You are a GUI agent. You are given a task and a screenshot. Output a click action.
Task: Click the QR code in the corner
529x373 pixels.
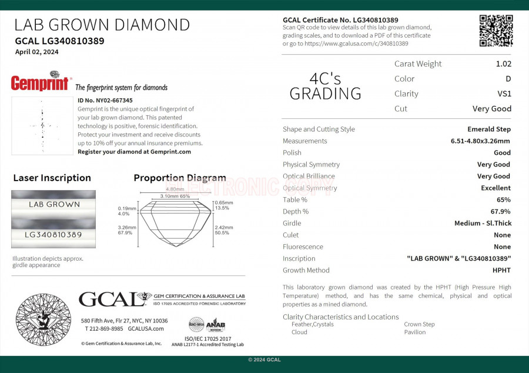pyautogui.click(x=495, y=31)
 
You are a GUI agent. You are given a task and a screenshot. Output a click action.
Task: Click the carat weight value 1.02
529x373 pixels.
pyautogui.click(x=503, y=64)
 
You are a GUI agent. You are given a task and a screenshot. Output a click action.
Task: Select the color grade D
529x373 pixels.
pyautogui.click(x=508, y=79)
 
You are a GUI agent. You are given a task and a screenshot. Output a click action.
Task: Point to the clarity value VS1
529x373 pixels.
pyautogui.click(x=504, y=94)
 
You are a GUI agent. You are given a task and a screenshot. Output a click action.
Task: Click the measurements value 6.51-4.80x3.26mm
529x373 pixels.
pyautogui.click(x=480, y=141)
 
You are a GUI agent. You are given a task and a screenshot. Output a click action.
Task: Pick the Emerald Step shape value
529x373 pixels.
pyautogui.click(x=489, y=129)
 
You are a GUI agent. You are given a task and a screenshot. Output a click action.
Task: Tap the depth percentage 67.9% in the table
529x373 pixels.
pyautogui.click(x=501, y=212)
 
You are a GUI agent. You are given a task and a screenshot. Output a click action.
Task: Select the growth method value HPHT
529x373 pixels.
pyautogui.click(x=501, y=271)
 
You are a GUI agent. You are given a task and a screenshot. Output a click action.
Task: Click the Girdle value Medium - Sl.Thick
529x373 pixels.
pyautogui.click(x=483, y=224)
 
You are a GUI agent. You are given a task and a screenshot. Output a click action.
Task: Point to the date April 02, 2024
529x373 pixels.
pyautogui.click(x=37, y=52)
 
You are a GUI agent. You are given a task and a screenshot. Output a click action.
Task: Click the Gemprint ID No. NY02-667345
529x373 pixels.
pyautogui.click(x=105, y=101)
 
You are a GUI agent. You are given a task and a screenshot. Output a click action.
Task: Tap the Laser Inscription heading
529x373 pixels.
pyautogui.click(x=52, y=178)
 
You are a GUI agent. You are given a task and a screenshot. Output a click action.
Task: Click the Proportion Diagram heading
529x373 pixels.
pyautogui.click(x=180, y=178)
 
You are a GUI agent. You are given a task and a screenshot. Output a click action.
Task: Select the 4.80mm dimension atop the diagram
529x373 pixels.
pyautogui.click(x=175, y=189)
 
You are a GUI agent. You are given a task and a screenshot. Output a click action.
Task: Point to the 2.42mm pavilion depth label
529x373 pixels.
pyautogui.click(x=224, y=227)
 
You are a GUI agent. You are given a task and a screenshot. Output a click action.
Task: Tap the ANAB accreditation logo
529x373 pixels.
pyautogui.click(x=216, y=325)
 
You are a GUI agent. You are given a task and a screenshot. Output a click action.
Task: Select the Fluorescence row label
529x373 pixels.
pyautogui.click(x=303, y=247)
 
